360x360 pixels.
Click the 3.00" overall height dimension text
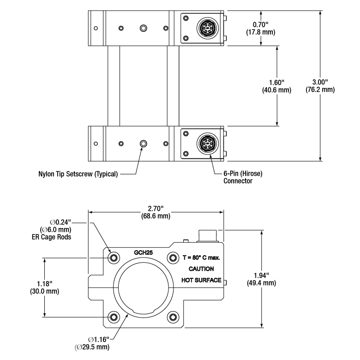[x=320, y=86]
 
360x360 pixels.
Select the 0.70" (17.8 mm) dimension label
[x=262, y=28]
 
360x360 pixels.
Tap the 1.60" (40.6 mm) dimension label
[x=277, y=86]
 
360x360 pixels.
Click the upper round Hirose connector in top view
[x=205, y=29]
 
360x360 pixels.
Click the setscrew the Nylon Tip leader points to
[x=143, y=144]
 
